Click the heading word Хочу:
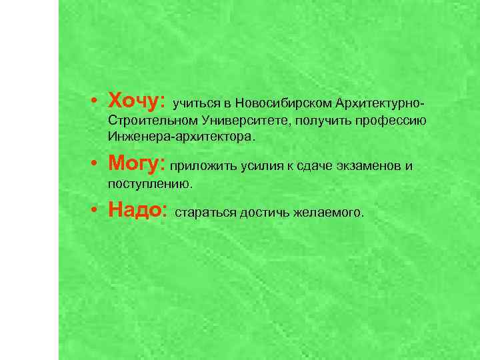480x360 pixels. coord(136,101)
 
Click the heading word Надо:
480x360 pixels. coord(137,211)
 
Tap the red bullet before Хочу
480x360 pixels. coord(96,102)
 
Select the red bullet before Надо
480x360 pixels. coord(96,211)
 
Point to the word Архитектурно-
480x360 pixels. coord(380,104)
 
